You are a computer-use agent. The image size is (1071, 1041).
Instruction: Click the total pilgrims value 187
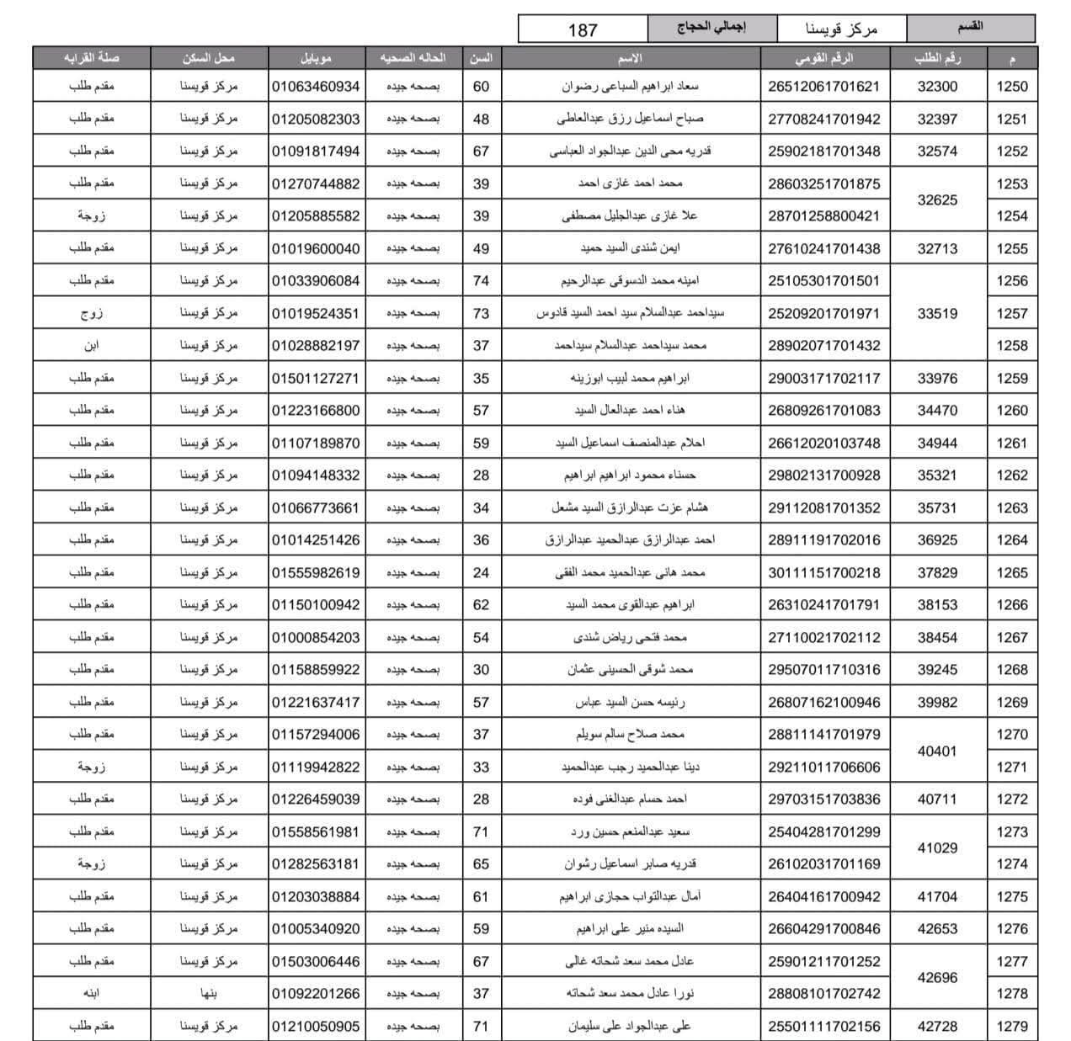point(583,30)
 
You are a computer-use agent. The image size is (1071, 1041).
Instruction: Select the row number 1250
point(1012,87)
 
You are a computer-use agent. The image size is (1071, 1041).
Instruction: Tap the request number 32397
point(937,119)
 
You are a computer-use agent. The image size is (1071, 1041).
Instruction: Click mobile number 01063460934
point(316,87)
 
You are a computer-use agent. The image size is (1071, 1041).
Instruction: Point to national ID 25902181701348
point(823,151)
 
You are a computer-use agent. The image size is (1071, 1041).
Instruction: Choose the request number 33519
point(937,313)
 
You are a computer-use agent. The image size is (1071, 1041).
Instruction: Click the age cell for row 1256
point(481,280)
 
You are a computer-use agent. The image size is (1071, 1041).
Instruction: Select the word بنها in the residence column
point(209,994)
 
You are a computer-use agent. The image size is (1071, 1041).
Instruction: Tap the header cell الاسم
point(630,58)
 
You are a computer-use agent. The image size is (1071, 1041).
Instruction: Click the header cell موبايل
point(316,58)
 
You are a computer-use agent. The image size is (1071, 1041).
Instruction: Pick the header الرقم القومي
point(823,58)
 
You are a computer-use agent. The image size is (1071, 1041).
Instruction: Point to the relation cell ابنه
point(91,994)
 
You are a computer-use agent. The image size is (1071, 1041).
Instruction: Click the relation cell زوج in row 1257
point(91,313)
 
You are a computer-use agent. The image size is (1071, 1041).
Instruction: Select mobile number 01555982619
point(316,573)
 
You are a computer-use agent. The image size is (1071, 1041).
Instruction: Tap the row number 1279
point(1012,1026)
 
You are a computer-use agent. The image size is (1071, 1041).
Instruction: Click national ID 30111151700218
point(823,573)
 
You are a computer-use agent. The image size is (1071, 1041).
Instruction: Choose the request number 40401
point(937,751)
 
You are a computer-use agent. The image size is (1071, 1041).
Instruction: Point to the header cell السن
point(481,58)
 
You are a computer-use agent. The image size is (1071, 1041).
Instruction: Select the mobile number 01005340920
point(316,929)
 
